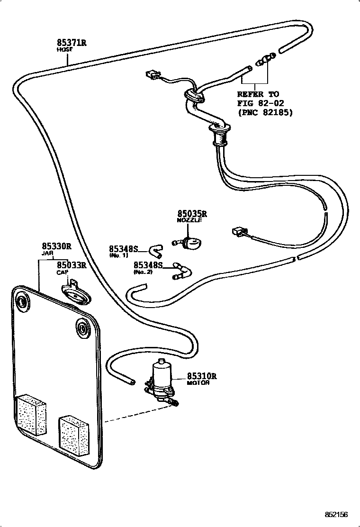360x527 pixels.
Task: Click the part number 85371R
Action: [71, 43]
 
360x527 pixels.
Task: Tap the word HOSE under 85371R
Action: [63, 49]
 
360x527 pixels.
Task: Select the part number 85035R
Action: [192, 214]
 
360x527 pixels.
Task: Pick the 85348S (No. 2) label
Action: [148, 265]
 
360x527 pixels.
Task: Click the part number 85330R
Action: [56, 246]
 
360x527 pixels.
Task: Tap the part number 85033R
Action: [72, 265]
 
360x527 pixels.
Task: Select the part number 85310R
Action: [201, 376]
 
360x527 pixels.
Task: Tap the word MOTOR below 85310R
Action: [198, 383]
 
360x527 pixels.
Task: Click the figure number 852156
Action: [336, 514]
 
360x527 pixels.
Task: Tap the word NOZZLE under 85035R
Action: [189, 221]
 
